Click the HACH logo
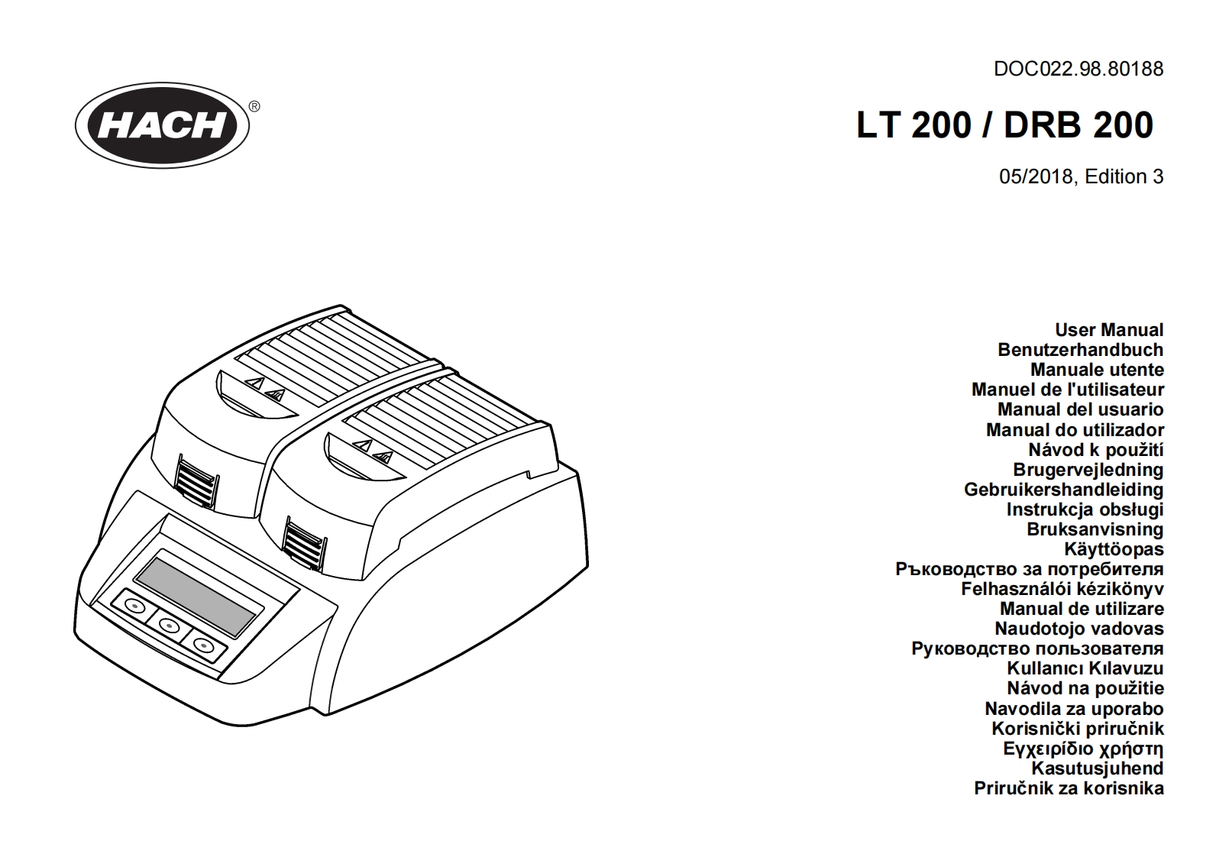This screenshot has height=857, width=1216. [165, 125]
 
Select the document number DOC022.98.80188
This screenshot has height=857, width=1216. [1078, 69]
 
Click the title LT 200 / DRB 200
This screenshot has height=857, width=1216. [1004, 125]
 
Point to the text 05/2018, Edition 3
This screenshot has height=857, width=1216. [1081, 176]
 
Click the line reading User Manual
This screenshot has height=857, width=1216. [1108, 330]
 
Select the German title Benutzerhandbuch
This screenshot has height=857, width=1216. [1080, 350]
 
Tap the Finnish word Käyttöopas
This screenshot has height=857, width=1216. [1113, 549]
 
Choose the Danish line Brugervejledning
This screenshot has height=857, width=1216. [1088, 470]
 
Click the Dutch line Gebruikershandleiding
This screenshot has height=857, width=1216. [1063, 490]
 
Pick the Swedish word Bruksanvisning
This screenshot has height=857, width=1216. [1095, 529]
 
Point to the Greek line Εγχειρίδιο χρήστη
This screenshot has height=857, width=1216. [1083, 749]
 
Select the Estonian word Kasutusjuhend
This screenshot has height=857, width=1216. [1097, 768]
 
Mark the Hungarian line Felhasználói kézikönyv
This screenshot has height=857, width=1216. [1062, 589]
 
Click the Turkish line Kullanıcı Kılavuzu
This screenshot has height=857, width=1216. [1085, 668]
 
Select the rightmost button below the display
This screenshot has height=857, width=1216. [203, 646]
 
